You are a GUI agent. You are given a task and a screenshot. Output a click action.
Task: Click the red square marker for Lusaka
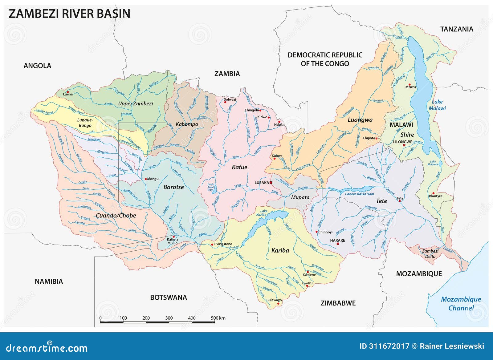271,183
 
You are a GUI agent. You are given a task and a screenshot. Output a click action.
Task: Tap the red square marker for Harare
338,244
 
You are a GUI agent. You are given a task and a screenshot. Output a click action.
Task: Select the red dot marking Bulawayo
278,304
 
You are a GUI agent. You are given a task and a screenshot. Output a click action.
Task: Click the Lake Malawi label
437,105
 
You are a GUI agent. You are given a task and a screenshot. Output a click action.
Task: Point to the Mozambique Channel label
461,303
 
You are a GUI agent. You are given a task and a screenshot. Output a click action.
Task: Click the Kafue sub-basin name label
239,167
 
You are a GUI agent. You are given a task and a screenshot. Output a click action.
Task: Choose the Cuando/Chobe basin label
116,216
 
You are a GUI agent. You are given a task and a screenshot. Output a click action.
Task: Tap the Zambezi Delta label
430,254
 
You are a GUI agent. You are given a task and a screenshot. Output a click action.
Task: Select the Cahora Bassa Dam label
359,194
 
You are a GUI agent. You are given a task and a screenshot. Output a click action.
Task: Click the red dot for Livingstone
212,245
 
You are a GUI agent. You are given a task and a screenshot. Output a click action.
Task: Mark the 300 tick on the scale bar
169,318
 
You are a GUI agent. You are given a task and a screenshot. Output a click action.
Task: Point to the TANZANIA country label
456,29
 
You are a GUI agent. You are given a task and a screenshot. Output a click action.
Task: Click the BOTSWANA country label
168,297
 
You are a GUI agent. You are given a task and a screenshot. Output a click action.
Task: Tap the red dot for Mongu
146,179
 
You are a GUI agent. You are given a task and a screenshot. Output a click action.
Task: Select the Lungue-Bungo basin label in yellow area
85,123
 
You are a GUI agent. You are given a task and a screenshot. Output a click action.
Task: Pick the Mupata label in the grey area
300,197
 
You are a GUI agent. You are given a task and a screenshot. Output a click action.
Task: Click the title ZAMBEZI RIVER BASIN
69,14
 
